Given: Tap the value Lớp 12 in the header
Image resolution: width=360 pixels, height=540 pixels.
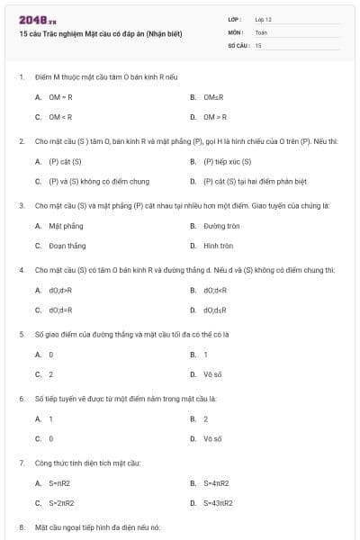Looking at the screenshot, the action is pos(263,18).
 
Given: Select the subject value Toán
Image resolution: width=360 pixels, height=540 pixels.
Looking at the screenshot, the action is pos(261,31).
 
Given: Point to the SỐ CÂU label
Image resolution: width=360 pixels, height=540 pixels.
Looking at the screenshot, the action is pos(238,44).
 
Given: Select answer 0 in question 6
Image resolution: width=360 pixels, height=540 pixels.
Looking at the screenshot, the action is pos(51,438).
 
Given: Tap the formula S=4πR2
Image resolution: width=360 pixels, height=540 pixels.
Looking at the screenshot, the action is pos(217,482).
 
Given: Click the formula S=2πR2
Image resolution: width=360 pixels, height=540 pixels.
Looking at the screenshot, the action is pos(62,502).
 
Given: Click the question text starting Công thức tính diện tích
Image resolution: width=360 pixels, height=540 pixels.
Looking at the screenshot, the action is pos(87,463).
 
